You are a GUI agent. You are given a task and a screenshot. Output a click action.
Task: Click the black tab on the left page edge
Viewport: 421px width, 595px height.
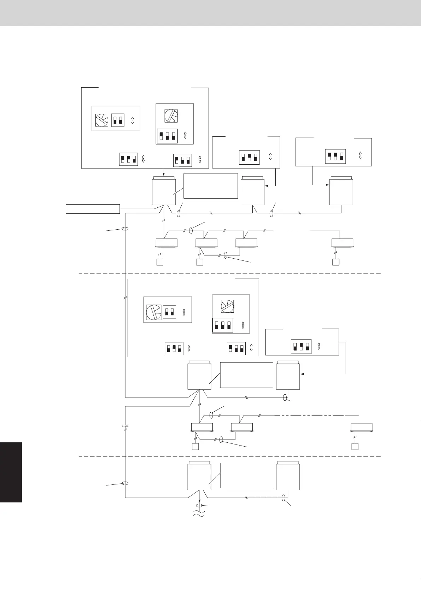(11, 472)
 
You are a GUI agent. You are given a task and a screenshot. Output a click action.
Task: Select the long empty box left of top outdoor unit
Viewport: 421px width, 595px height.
(93, 209)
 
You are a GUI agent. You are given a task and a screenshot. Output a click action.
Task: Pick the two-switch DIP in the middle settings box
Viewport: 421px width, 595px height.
(169, 312)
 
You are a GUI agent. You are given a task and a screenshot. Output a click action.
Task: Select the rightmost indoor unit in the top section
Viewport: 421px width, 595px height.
(342, 243)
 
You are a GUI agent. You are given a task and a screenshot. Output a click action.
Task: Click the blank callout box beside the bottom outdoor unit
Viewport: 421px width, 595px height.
(246, 475)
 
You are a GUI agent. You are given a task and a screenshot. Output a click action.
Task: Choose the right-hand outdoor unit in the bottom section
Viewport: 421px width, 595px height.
(288, 476)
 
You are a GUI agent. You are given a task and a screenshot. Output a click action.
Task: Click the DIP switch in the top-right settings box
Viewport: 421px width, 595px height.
(335, 156)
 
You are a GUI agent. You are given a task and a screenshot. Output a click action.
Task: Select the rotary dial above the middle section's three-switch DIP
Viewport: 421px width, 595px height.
(227, 306)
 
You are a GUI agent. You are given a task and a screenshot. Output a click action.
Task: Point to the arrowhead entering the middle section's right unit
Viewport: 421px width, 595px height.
(302, 373)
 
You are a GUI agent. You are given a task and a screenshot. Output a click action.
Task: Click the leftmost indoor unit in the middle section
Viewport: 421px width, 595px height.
(202, 427)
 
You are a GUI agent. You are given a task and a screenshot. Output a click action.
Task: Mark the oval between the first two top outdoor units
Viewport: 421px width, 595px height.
(179, 214)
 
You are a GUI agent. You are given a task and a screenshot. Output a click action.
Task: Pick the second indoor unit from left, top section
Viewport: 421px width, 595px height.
(206, 243)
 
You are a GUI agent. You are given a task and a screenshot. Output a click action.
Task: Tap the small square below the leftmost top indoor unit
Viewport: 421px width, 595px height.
(160, 262)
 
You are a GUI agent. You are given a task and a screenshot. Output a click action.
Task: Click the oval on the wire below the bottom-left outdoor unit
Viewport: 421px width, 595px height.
(199, 506)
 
